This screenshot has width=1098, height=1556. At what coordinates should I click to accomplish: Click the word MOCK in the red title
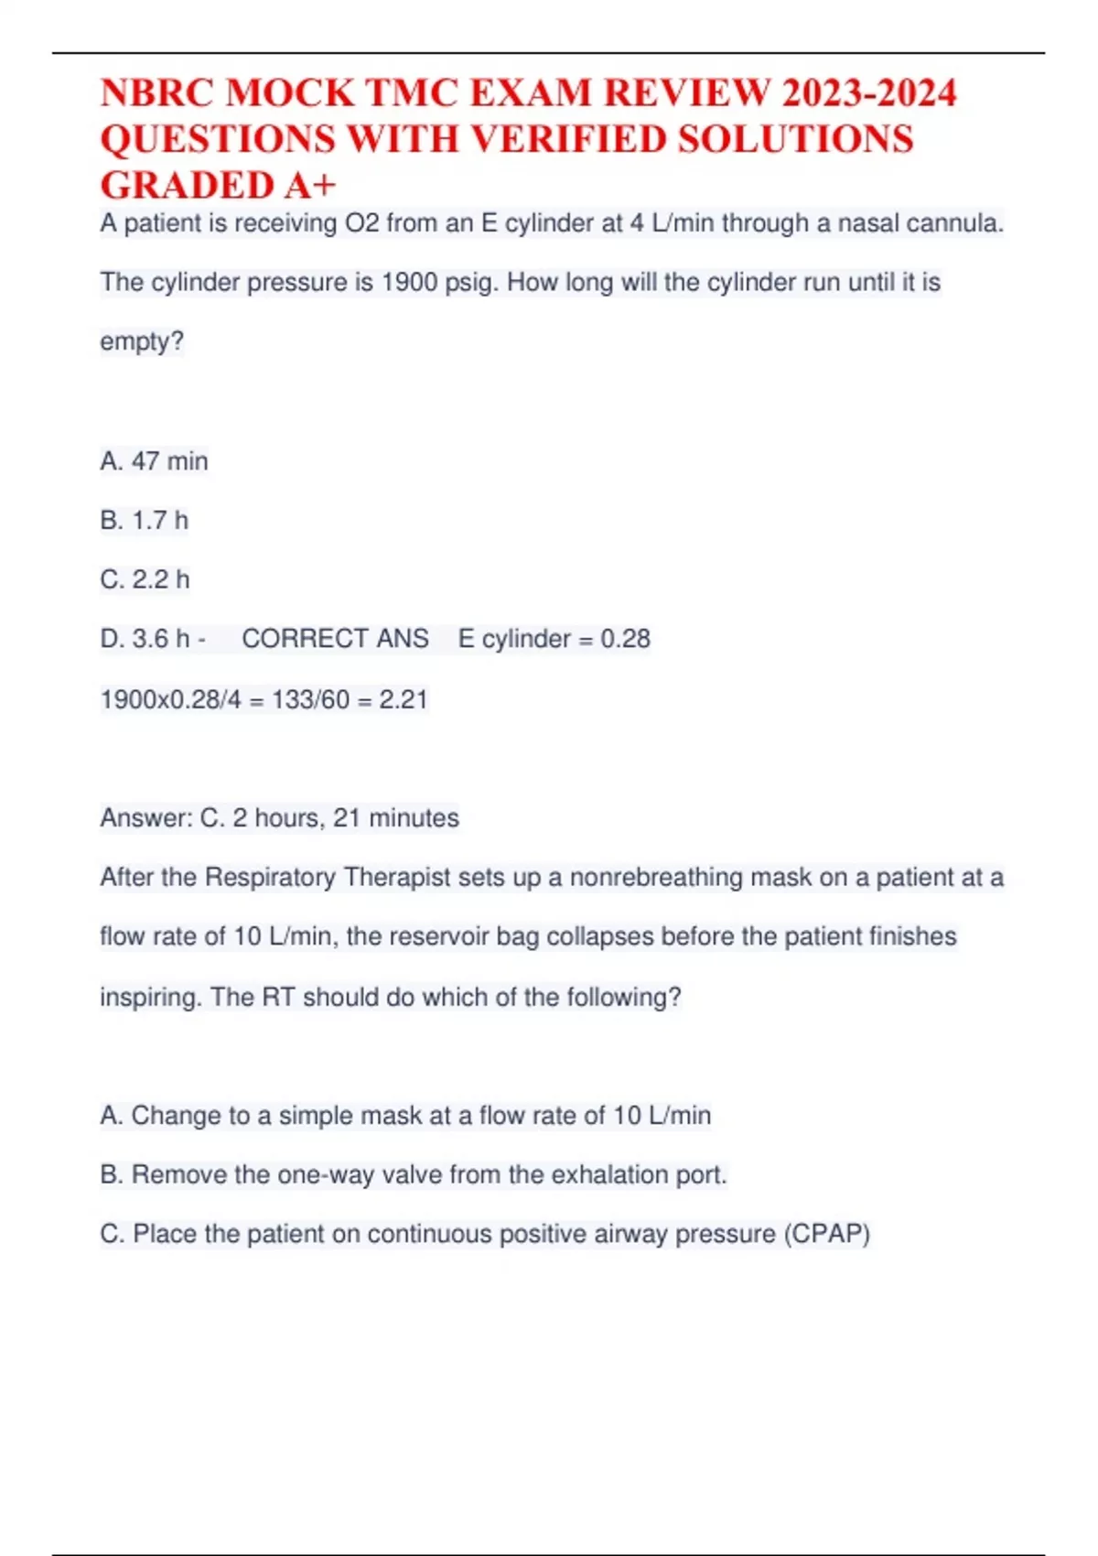pyautogui.click(x=289, y=93)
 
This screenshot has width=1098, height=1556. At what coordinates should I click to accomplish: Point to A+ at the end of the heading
pyautogui.click(x=310, y=185)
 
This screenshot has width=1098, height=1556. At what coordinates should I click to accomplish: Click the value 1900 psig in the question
pyautogui.click(x=439, y=282)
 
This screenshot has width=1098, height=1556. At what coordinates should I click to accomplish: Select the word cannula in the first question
pyautogui.click(x=954, y=222)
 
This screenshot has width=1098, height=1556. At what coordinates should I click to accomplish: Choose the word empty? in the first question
pyautogui.click(x=142, y=341)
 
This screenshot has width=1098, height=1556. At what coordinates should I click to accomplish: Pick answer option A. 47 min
pyautogui.click(x=154, y=460)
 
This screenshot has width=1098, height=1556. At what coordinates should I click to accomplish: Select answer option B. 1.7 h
pyautogui.click(x=145, y=520)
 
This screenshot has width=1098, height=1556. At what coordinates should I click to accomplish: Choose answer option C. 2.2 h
pyautogui.click(x=145, y=579)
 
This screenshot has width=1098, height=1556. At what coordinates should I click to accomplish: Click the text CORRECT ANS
pyautogui.click(x=335, y=638)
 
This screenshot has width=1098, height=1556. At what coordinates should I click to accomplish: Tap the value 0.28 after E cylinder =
pyautogui.click(x=625, y=638)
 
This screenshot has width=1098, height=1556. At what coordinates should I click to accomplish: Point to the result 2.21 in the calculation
pyautogui.click(x=404, y=699)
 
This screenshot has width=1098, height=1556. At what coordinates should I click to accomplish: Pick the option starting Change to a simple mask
pyautogui.click(x=405, y=1115)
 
